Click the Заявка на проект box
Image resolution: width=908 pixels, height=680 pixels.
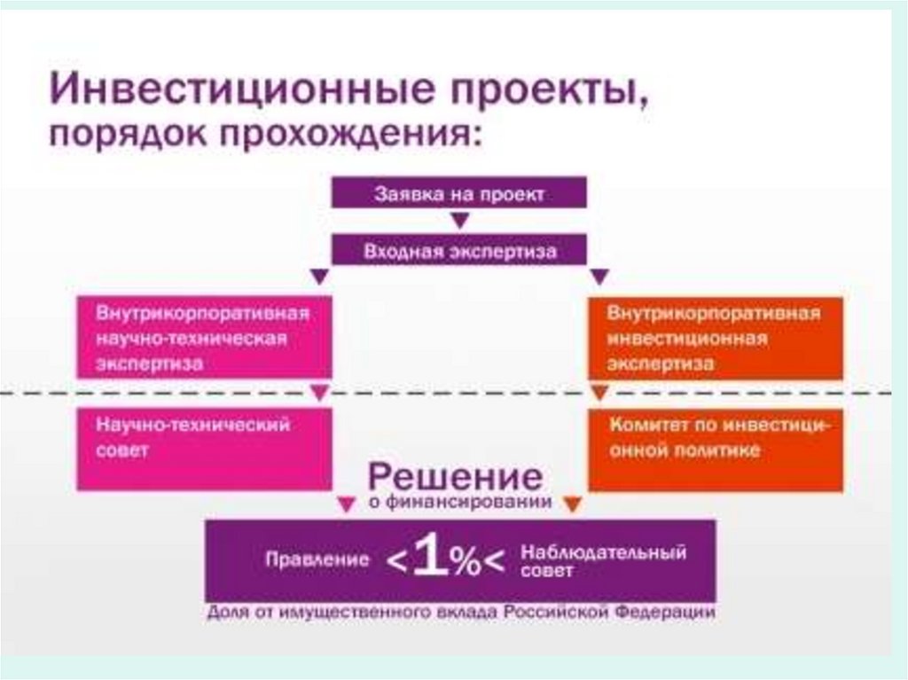pyautogui.click(x=458, y=192)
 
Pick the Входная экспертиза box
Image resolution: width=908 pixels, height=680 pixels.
pyautogui.click(x=458, y=250)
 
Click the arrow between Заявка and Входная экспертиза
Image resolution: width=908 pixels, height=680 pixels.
pyautogui.click(x=458, y=221)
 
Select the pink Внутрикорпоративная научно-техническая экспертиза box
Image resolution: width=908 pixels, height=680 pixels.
pyautogui.click(x=204, y=338)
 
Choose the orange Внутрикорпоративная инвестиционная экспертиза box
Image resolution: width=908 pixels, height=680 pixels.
pyautogui.click(x=715, y=338)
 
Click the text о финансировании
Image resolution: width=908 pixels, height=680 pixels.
pyautogui.click(x=460, y=504)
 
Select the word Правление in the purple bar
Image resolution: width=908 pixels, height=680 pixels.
pyautogui.click(x=316, y=560)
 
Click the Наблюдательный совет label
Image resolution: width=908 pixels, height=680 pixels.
pyautogui.click(x=603, y=561)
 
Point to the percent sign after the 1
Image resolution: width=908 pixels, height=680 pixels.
pyautogui.click(x=467, y=563)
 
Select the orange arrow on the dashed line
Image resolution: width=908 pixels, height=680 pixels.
pyautogui.click(x=599, y=392)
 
